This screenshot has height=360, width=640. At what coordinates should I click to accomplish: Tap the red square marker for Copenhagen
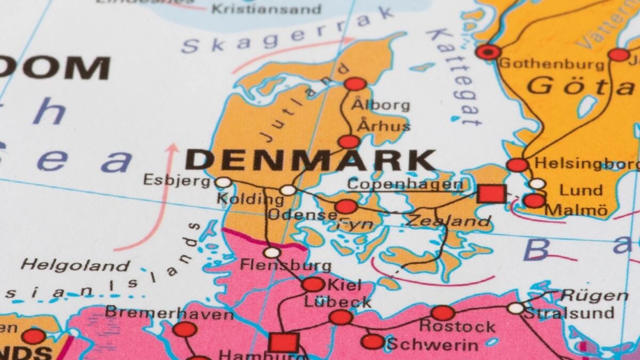click(491, 193)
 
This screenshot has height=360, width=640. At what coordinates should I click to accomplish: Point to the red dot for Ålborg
click(355, 84)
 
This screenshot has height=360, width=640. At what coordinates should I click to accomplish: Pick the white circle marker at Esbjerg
click(223, 182)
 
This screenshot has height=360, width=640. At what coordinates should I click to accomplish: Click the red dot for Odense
click(346, 206)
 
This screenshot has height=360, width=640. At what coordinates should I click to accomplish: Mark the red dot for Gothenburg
click(488, 52)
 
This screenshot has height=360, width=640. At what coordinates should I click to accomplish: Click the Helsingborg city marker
click(517, 165)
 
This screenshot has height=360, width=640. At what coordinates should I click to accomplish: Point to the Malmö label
click(577, 211)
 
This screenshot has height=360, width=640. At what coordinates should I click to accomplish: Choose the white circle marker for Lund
click(538, 184)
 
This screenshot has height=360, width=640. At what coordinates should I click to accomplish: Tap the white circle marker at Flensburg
click(273, 252)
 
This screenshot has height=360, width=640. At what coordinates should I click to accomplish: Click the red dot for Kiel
click(313, 284)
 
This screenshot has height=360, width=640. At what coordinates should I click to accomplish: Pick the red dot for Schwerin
click(372, 341)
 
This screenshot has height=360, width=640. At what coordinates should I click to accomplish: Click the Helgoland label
click(76, 265)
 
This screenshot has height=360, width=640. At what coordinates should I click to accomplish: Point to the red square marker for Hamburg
click(283, 342)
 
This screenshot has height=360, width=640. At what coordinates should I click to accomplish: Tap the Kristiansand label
click(267, 9)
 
